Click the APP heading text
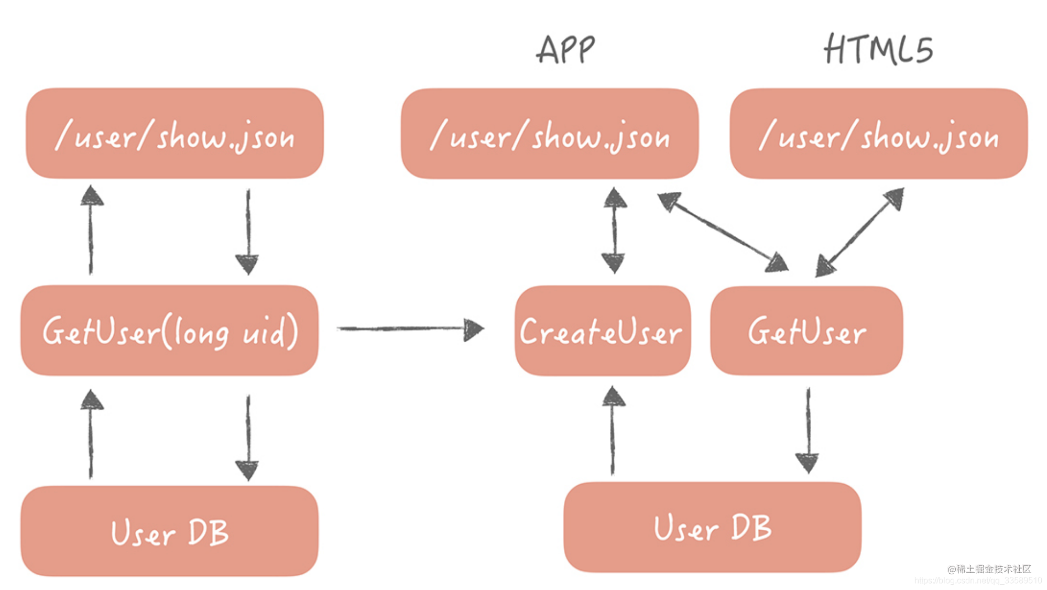[x=566, y=50]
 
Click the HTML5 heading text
[x=878, y=50]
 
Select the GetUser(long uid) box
[x=169, y=331]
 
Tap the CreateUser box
[x=602, y=331]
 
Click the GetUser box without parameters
[x=806, y=331]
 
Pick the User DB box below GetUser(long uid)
[x=169, y=531]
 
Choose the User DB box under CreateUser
[x=712, y=527]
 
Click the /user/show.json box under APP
[x=549, y=134]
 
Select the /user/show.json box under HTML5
[x=878, y=134]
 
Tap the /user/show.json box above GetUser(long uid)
[x=174, y=134]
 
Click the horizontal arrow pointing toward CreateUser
[x=409, y=329]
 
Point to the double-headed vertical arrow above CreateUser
[x=614, y=231]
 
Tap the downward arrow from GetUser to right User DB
[x=808, y=430]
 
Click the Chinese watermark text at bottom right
[x=989, y=569]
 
